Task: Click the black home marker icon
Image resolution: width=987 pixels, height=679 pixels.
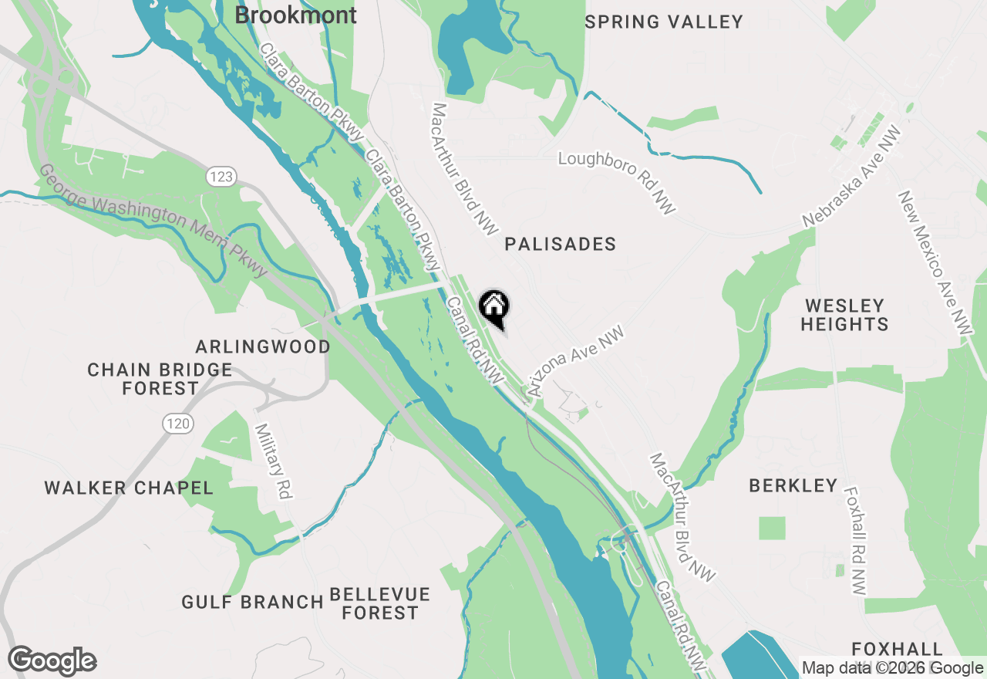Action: (494, 306)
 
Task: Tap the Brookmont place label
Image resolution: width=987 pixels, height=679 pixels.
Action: (295, 15)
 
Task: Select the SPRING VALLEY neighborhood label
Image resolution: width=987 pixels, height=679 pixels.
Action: (664, 22)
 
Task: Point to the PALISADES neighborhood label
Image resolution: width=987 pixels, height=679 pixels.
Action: (561, 245)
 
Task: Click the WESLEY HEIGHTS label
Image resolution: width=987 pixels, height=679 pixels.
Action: (844, 315)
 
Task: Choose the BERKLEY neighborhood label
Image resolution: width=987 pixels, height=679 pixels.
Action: (793, 485)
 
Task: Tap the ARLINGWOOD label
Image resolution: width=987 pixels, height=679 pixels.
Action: (263, 346)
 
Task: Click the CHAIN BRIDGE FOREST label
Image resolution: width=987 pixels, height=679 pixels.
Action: (160, 379)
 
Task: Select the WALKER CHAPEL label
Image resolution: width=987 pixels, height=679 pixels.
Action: (129, 488)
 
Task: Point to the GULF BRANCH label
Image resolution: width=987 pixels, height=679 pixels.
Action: (252, 602)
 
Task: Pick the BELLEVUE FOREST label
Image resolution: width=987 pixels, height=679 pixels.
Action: (379, 603)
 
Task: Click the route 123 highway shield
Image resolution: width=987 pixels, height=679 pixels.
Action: (221, 177)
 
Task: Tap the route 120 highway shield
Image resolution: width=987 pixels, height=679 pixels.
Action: (177, 423)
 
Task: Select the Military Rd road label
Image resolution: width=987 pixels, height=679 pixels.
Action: (273, 461)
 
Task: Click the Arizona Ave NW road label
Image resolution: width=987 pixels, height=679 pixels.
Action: (574, 361)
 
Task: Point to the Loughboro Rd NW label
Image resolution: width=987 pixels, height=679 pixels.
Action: (617, 182)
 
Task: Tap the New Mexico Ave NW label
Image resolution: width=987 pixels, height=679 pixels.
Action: (935, 262)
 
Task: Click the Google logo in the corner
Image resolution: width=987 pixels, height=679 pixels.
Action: (52, 661)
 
